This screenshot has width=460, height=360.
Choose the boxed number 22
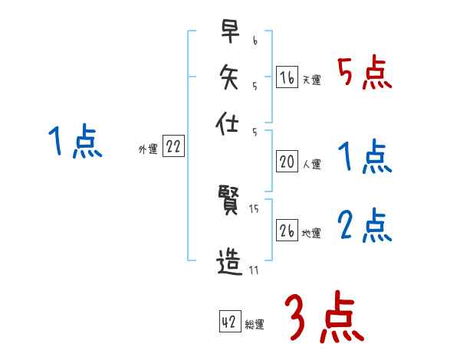tap(173, 148)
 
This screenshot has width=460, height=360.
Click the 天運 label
tap(311, 80)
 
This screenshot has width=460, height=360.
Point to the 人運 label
tap(311, 164)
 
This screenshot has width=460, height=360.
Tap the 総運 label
tap(254, 325)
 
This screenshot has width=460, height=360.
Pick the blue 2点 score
tap(364, 227)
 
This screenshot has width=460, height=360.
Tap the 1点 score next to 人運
tap(364, 158)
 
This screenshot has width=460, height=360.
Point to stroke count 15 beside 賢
tap(255, 209)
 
